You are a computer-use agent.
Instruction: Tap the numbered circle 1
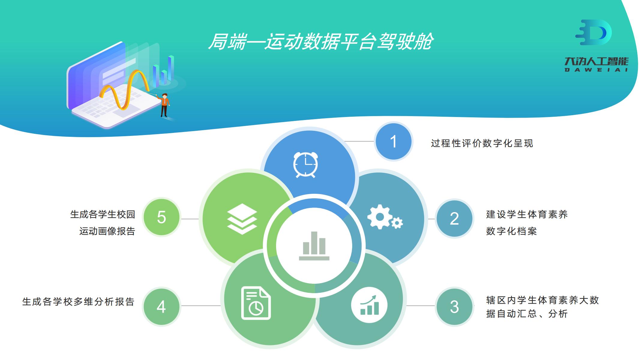(x=393, y=141)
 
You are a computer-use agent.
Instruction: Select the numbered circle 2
(x=454, y=218)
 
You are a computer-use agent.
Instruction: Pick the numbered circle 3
(x=454, y=307)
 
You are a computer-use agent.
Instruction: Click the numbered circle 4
(x=161, y=307)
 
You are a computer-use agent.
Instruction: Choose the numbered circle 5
(x=161, y=217)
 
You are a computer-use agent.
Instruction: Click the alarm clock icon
(x=305, y=165)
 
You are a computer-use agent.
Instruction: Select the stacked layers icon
(x=242, y=219)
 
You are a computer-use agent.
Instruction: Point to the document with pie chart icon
(x=256, y=303)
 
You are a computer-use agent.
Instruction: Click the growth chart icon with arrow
(x=369, y=305)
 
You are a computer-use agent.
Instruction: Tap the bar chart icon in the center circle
(x=314, y=246)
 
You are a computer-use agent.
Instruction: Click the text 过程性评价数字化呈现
(x=482, y=143)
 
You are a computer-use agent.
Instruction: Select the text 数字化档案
(x=511, y=231)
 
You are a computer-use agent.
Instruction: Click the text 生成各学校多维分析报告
(x=78, y=302)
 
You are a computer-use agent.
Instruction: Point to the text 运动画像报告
(x=107, y=231)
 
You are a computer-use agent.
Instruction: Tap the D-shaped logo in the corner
(x=593, y=32)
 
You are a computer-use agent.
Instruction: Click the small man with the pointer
(x=164, y=105)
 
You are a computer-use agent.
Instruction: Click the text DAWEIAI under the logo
(x=596, y=70)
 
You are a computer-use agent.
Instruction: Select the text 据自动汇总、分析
(x=527, y=314)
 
